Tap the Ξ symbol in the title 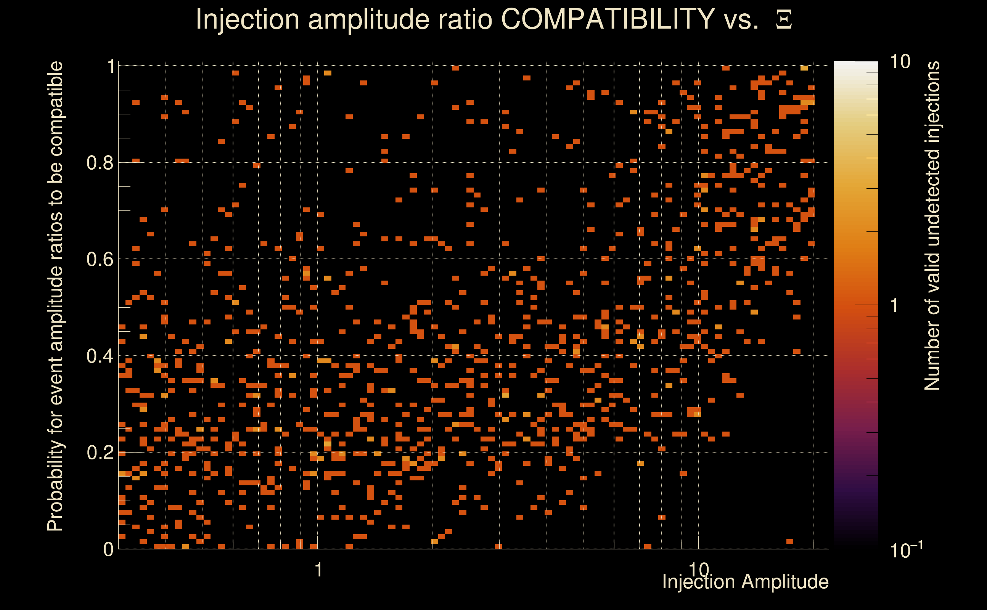coord(784,20)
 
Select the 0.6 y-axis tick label coord(100,259)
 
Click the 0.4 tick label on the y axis coord(100,356)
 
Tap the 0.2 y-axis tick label coord(100,452)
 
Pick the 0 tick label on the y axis coord(108,549)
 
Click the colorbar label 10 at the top coord(900,62)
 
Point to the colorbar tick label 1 coord(894,305)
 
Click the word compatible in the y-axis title coord(55,109)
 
